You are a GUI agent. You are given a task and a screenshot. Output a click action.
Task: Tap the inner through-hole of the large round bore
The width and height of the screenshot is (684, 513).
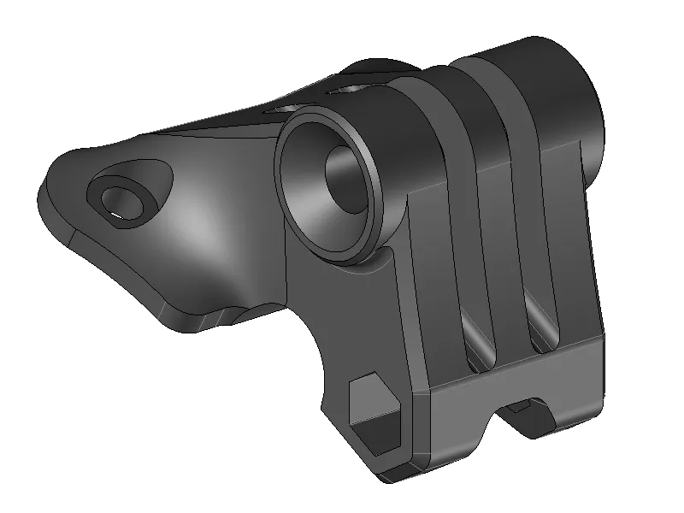point(348,178)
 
